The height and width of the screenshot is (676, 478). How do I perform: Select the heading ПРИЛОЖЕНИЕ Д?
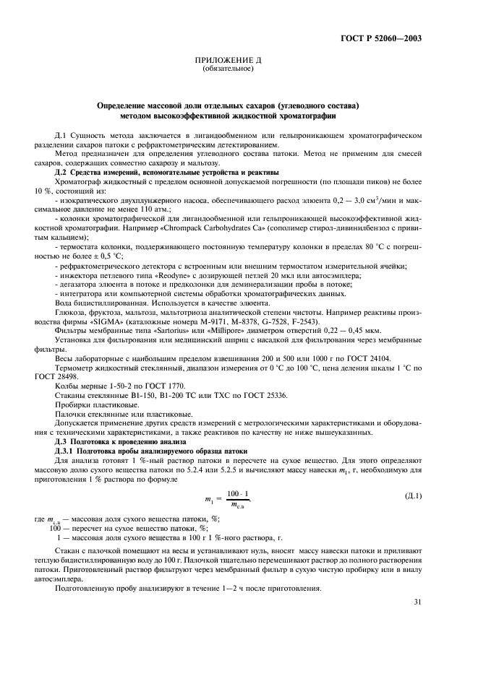tap(228, 61)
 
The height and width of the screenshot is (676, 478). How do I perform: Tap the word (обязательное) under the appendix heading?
tap(228, 69)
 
